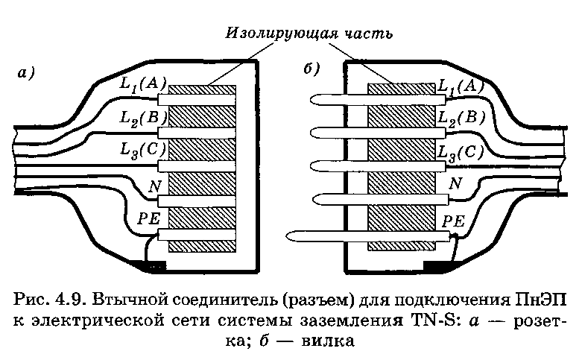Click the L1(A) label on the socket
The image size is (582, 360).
click(142, 84)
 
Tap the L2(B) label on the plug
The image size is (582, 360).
click(462, 118)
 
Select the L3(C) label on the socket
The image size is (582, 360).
click(142, 151)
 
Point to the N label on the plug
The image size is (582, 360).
click(456, 183)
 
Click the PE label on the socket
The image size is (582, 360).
click(148, 219)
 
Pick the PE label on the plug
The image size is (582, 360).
click(454, 221)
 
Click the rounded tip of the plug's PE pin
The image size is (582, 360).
click(288, 236)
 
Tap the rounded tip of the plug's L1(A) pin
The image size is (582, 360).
click(311, 99)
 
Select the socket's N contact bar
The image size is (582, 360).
click(197, 200)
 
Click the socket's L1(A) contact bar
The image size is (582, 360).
click(197, 100)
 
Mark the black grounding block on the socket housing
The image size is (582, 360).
click(151, 266)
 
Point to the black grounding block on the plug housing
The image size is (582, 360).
click(439, 266)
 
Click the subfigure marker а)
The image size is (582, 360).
click(26, 73)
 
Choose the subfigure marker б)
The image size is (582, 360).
click(311, 69)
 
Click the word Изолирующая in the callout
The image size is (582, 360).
click(282, 34)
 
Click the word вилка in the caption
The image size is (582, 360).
click(328, 341)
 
